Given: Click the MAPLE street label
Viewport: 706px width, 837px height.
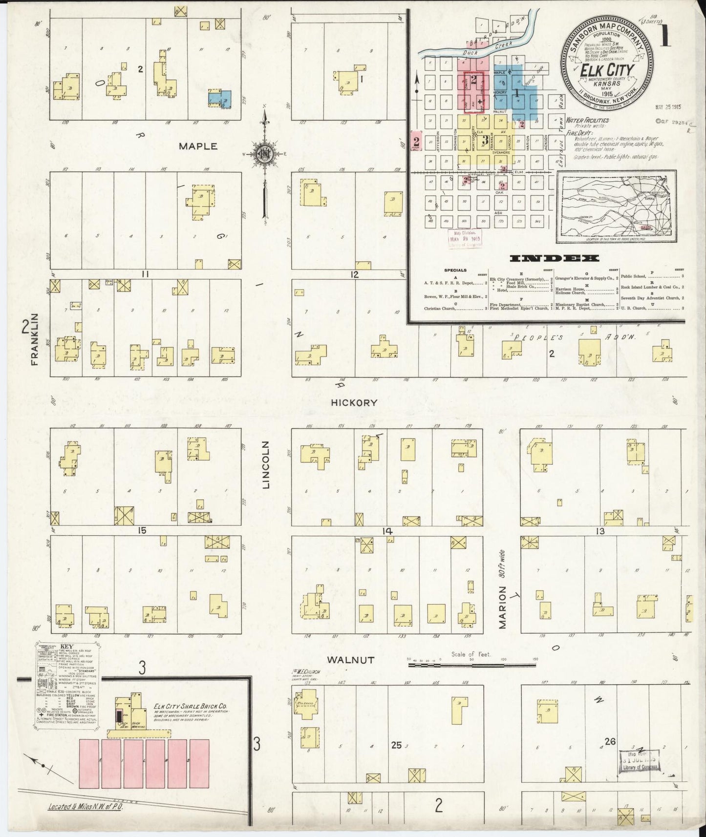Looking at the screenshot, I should click(198, 146).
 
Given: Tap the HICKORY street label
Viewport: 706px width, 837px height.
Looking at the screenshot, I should click(354, 403).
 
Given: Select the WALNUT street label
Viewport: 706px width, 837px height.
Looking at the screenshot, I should click(350, 660).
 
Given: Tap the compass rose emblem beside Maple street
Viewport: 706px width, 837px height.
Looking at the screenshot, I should click(265, 153).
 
